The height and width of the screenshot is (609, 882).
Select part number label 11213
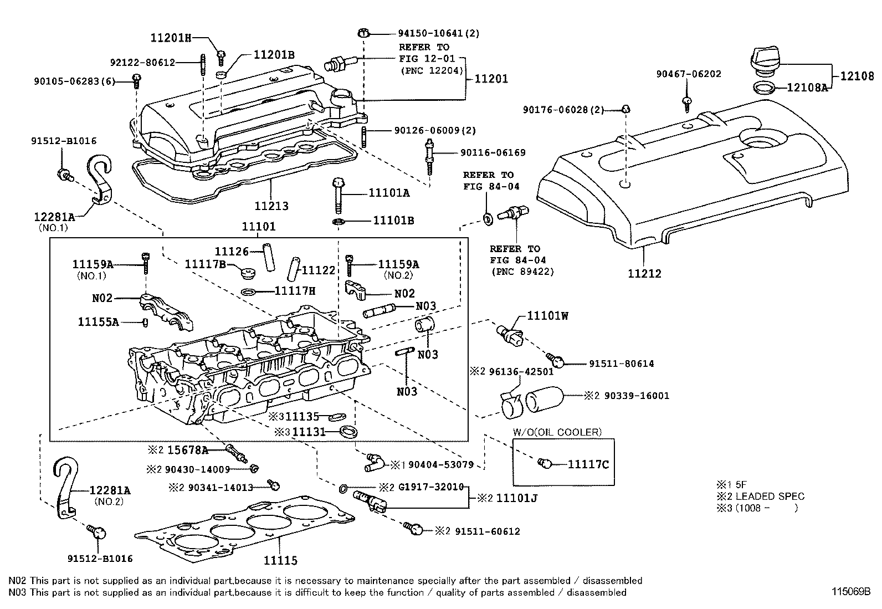point(271,206)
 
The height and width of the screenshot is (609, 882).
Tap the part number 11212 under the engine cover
point(644,273)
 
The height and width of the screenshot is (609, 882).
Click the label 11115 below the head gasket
point(280,561)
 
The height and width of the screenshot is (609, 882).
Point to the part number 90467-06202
point(689,74)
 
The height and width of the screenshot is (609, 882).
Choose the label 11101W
point(547,316)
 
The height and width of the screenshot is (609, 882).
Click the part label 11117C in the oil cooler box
point(588,464)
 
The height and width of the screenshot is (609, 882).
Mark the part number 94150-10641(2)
point(438,33)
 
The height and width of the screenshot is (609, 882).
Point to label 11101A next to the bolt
point(389,193)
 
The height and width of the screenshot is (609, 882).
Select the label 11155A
point(98,321)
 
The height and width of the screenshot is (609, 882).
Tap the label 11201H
point(171,38)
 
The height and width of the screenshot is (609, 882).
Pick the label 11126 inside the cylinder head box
point(232,251)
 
